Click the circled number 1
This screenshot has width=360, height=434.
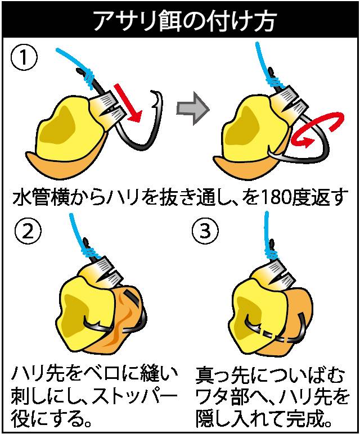pos(24,58)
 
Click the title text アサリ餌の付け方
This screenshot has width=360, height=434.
pos(184,21)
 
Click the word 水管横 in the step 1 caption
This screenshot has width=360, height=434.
pos(39,197)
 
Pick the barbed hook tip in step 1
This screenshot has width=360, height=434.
pos(157,99)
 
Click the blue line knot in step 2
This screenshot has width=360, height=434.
pos(90,252)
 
